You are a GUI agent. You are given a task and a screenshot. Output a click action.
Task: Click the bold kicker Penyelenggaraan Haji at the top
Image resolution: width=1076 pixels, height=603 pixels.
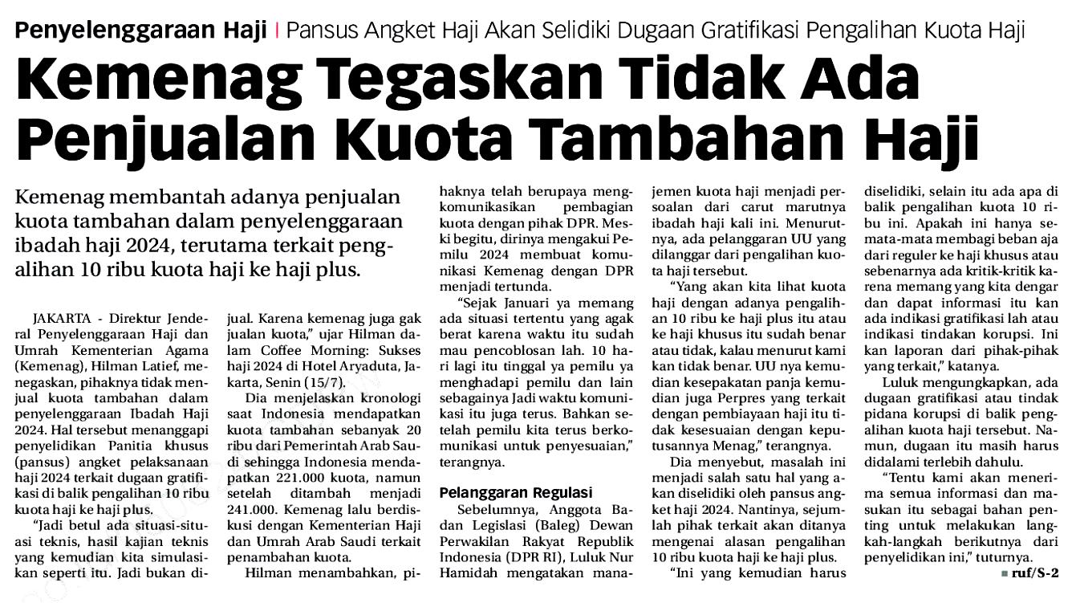tap(141, 31)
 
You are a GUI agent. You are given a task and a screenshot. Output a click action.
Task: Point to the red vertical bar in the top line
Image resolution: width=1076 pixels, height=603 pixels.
tap(277, 31)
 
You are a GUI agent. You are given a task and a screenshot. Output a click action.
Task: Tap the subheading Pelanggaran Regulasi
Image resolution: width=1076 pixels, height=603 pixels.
tap(516, 492)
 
